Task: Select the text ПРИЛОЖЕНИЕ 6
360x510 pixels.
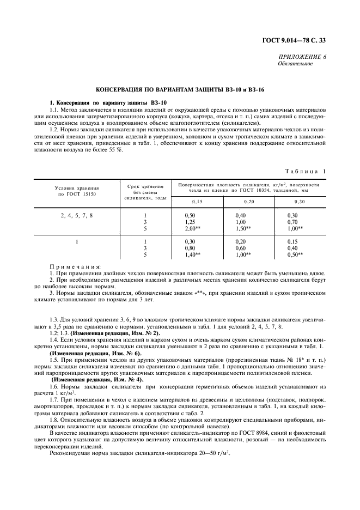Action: [303, 57]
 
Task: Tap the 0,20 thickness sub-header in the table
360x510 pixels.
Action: [249, 202]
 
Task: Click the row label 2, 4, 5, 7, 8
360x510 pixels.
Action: [76, 215]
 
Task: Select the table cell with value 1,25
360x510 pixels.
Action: [190, 222]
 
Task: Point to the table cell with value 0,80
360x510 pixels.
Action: [190, 248]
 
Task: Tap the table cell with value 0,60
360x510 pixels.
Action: [240, 248]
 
